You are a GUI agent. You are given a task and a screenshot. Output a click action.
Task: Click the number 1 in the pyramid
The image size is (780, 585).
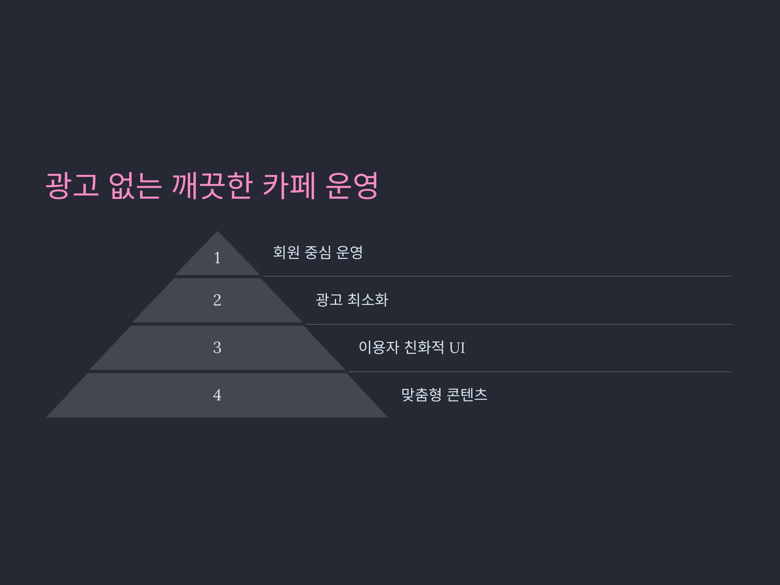click(x=217, y=258)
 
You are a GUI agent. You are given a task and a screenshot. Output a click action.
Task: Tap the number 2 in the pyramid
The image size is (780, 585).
click(x=217, y=300)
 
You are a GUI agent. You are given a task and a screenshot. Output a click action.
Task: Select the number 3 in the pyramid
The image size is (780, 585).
click(x=217, y=348)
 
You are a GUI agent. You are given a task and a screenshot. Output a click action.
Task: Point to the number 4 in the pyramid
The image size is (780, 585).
click(x=217, y=395)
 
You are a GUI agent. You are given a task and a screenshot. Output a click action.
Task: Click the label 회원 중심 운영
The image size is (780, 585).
click(x=318, y=253)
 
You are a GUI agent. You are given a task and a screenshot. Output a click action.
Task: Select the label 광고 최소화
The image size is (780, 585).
click(x=352, y=300)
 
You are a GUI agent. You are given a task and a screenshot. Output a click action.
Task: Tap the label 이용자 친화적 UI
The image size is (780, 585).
click(x=411, y=348)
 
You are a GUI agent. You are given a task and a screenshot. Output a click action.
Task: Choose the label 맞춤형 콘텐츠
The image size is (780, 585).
click(x=444, y=395)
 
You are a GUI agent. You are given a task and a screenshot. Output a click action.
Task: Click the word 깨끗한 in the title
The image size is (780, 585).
click(x=212, y=186)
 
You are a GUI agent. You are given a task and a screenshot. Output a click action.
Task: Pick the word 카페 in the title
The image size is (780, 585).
click(x=289, y=186)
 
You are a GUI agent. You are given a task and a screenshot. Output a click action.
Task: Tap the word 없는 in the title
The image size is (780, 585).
click(x=135, y=186)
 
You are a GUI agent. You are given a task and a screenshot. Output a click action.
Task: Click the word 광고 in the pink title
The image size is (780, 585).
click(x=72, y=186)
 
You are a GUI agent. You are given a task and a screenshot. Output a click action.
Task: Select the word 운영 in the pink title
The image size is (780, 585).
click(x=352, y=186)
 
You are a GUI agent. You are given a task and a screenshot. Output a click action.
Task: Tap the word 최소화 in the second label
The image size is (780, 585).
click(x=368, y=300)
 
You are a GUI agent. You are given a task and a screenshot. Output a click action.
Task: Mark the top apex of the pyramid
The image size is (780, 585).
click(x=217, y=231)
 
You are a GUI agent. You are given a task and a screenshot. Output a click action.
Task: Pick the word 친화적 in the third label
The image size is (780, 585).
click(x=423, y=348)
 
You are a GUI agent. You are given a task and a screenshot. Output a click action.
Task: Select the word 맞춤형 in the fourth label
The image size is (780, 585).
click(x=422, y=395)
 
